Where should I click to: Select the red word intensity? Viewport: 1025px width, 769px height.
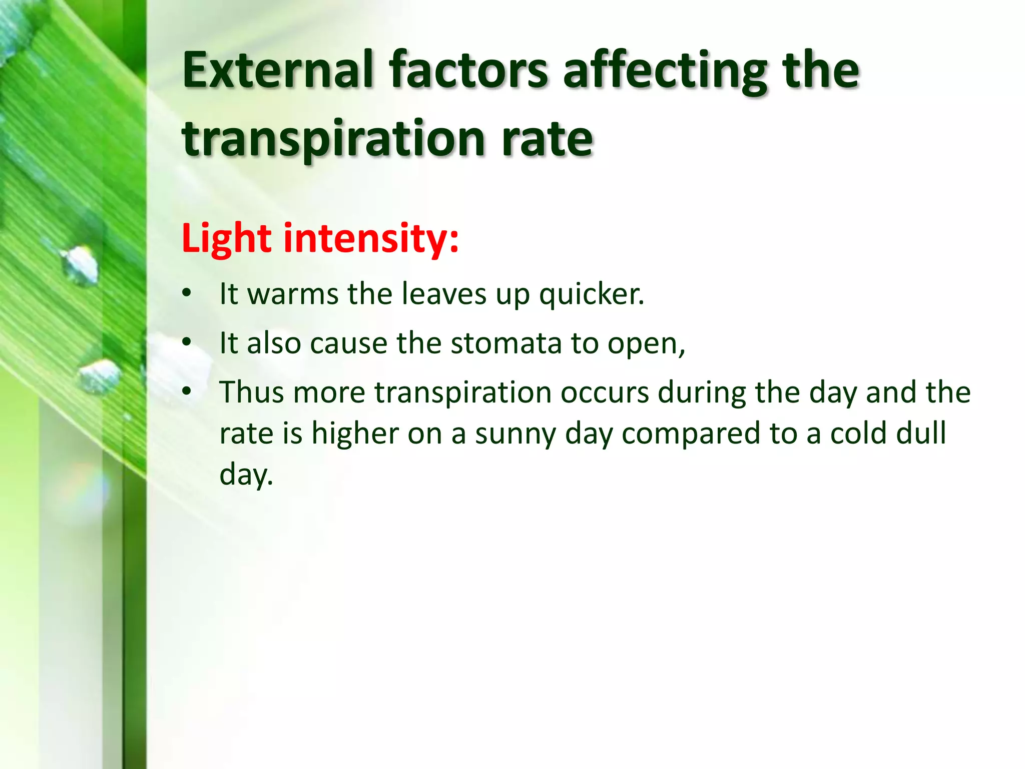[370, 238]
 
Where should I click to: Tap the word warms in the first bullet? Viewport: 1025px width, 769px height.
[292, 294]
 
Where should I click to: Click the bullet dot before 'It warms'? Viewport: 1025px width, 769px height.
[187, 293]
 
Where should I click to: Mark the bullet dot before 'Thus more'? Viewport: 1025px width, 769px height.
[187, 392]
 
